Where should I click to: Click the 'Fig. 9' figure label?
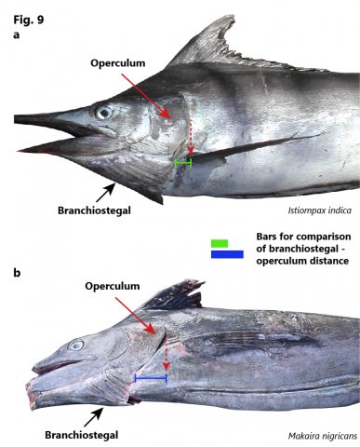pos(29,20)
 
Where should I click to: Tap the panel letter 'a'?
pos(16,34)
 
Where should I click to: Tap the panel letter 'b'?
pos(17,273)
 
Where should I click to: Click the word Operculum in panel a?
pos(118,63)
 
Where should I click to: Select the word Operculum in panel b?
pos(113,286)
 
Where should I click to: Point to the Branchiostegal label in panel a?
pos(94,210)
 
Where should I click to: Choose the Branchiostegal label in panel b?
pos(82,435)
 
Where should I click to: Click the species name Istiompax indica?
pos(320,210)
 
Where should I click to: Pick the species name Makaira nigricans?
pos(323,436)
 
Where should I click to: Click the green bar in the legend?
pos(220,243)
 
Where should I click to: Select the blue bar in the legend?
pos(227,254)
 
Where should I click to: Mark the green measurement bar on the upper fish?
pos(183,162)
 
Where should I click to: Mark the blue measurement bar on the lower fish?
pos(151,378)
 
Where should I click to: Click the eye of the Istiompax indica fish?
pos(104,113)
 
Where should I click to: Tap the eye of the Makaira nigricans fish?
pos(76,345)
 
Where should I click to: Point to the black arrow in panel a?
pos(106,193)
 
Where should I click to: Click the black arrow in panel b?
pos(94,417)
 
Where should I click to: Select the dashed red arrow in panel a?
pos(191,137)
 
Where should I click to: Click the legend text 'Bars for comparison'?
pos(303,237)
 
